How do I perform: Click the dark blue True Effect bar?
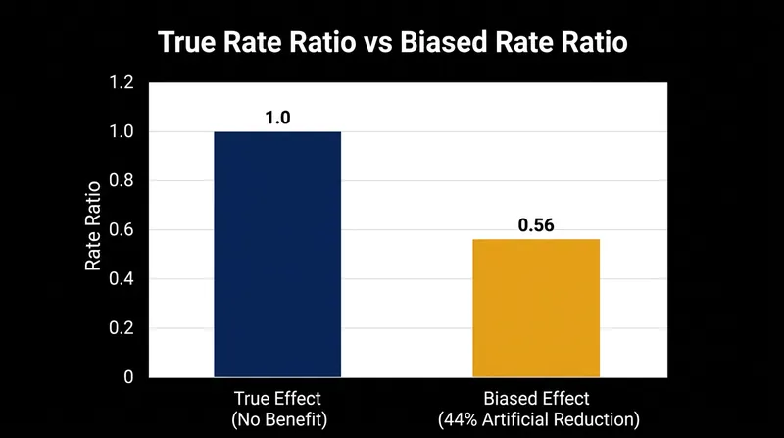(277, 254)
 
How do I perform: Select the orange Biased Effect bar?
(536, 308)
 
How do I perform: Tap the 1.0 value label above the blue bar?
(277, 118)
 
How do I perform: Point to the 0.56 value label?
(536, 225)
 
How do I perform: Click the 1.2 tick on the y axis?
(122, 82)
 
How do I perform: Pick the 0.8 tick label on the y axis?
(122, 180)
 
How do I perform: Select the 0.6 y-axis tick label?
(122, 229)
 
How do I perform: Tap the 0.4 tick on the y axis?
(122, 278)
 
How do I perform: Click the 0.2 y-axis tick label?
(122, 328)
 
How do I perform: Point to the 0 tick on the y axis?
(128, 377)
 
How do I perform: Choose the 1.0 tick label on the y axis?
(122, 131)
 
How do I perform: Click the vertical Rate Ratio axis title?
(93, 226)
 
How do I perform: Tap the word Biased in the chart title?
(444, 42)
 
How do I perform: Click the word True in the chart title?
(188, 42)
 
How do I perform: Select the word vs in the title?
(378, 43)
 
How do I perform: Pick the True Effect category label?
(277, 399)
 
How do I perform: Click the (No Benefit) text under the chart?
(279, 419)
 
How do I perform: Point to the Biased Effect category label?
(536, 399)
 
